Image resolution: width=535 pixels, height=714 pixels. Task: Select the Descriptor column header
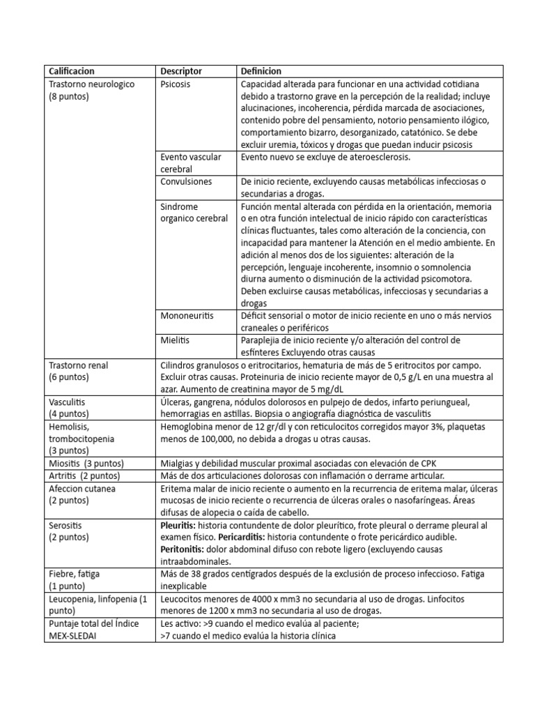click(181, 71)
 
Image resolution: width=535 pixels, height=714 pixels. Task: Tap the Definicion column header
click(261, 71)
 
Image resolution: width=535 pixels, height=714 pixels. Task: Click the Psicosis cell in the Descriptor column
click(175, 84)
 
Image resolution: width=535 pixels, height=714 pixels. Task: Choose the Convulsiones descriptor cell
click(186, 181)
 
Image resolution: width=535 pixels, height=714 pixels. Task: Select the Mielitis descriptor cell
click(175, 340)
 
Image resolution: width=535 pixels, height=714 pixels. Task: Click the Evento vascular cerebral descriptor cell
click(190, 162)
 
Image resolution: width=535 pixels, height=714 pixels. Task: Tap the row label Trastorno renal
click(79, 365)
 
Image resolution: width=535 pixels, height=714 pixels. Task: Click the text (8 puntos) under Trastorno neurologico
click(69, 96)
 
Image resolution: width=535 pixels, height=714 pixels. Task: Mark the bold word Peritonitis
click(183, 549)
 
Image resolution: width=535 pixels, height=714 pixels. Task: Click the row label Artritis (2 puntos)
click(84, 476)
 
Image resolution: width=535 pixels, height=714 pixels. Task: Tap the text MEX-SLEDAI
click(75, 636)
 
